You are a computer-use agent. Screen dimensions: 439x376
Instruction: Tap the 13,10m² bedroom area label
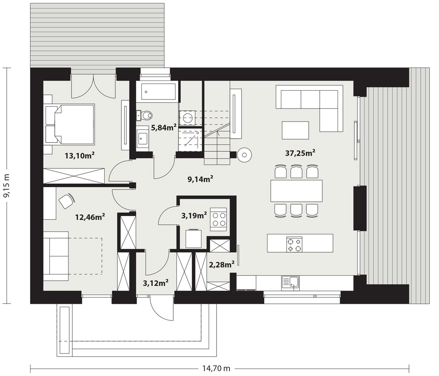point(79,155)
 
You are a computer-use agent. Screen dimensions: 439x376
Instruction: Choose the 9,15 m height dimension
point(7,185)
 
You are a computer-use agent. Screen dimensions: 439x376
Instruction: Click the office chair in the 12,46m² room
point(67,201)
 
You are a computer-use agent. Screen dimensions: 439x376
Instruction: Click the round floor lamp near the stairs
point(245,155)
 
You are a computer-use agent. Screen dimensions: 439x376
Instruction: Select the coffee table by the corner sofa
point(295,130)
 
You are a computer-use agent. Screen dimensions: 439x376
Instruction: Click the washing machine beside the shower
point(187,117)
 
